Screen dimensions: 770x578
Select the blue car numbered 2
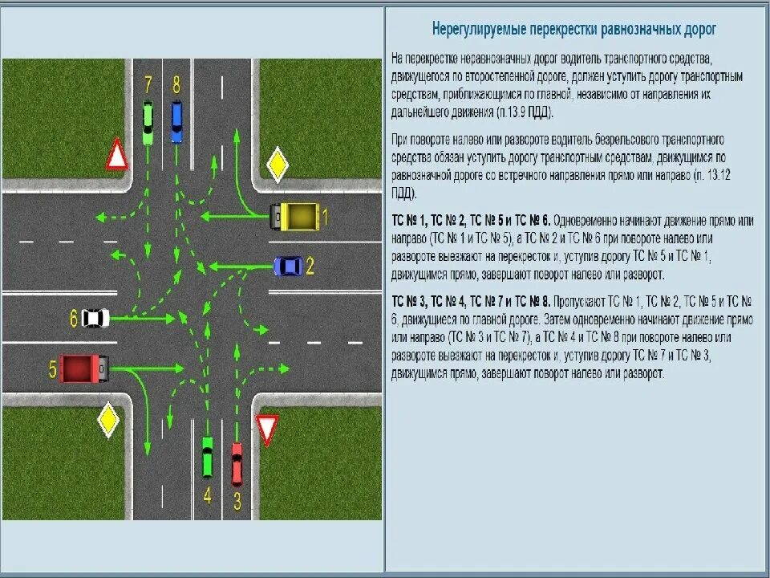289,266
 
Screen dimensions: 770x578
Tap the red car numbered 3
237,464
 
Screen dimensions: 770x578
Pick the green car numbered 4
207,457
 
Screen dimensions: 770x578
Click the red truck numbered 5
83,368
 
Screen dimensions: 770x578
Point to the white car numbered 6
95,318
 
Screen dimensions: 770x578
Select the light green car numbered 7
148,122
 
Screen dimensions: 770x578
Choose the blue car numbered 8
176,121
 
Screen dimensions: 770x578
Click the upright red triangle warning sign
117,155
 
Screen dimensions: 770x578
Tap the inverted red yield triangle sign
266,429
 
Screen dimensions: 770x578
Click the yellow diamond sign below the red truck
108,420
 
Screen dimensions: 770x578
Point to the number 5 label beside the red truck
53,369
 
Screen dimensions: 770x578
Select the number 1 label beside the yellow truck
325,216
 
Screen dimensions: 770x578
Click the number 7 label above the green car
148,84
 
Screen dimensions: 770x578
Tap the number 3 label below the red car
237,500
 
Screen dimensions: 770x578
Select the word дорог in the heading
698,30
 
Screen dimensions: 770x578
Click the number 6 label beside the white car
74,319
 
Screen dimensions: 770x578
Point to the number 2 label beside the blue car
310,266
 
